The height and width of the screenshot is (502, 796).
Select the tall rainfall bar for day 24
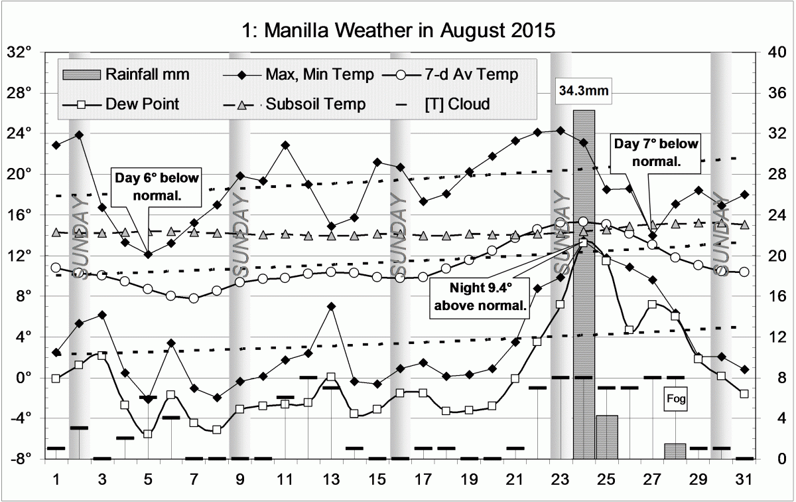584,286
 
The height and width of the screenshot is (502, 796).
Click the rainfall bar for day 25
606,437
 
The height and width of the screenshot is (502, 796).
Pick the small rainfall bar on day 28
675,451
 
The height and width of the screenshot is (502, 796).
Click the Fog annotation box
676,400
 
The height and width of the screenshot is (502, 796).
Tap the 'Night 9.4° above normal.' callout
482,297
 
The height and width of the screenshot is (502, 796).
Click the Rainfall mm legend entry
126,74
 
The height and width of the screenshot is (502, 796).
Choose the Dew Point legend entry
126,104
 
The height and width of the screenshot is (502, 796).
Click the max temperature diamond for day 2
79,135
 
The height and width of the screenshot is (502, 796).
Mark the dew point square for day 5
148,434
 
